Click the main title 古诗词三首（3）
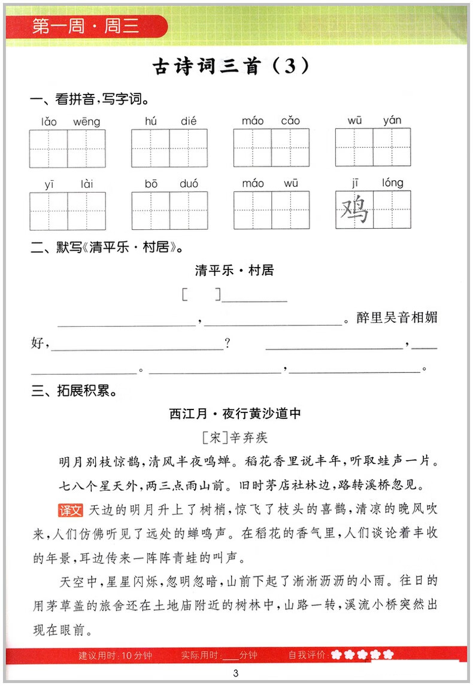232,66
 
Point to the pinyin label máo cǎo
271,122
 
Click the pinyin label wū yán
374,121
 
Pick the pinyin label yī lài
68,184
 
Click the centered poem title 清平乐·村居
234,271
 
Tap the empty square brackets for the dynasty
201,295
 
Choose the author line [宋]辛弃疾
235,438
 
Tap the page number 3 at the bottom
236,673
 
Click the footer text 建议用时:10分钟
115,655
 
